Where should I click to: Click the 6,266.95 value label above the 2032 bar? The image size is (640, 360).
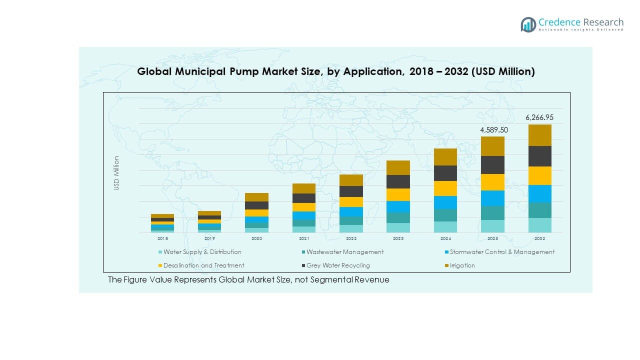[x=539, y=118]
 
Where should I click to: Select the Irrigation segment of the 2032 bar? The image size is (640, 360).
[x=540, y=135]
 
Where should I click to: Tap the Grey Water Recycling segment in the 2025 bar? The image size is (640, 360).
[x=492, y=165]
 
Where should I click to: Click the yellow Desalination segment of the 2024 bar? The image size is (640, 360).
[x=445, y=188]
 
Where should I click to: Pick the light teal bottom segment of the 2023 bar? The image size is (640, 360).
[x=398, y=227]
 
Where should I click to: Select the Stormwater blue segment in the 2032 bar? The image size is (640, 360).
[x=540, y=193]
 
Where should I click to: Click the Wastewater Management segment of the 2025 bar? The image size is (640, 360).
[x=492, y=213]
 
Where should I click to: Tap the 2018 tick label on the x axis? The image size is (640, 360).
[x=162, y=238]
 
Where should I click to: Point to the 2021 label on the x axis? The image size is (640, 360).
[x=303, y=238]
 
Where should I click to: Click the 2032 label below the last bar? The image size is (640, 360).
[x=540, y=238]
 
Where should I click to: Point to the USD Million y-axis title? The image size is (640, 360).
[x=116, y=173]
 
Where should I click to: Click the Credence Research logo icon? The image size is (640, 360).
[x=528, y=24]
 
